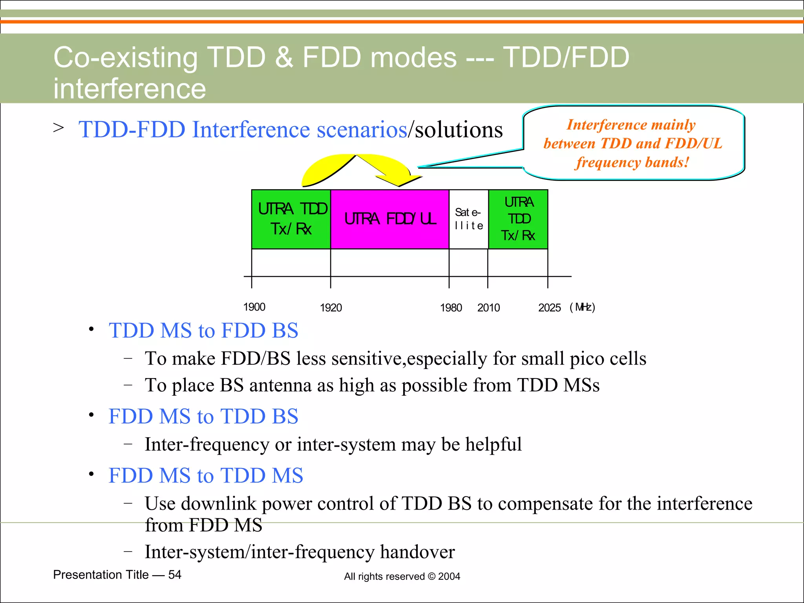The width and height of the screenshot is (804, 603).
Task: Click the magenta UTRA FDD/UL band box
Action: [389, 219]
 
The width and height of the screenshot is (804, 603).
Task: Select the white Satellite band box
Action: [468, 219]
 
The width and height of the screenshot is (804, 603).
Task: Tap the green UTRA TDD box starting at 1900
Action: [291, 219]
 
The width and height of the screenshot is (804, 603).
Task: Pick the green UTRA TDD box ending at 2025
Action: [518, 219]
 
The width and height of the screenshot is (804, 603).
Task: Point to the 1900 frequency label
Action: [254, 307]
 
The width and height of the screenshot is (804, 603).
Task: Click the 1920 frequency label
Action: [331, 308]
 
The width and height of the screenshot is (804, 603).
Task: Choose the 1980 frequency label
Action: [451, 308]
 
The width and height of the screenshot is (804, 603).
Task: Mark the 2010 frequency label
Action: [488, 308]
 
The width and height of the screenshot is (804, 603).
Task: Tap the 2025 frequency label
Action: [549, 308]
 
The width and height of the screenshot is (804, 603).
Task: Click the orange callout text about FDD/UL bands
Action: [632, 143]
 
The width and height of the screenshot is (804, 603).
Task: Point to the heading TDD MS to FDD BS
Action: [203, 331]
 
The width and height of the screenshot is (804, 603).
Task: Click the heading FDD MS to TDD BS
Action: [203, 417]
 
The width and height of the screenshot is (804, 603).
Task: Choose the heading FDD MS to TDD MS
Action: [206, 475]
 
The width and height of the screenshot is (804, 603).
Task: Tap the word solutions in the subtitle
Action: [459, 130]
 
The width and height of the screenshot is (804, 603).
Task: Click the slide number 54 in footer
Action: [175, 575]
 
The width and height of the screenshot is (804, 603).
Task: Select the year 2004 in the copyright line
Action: [449, 576]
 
